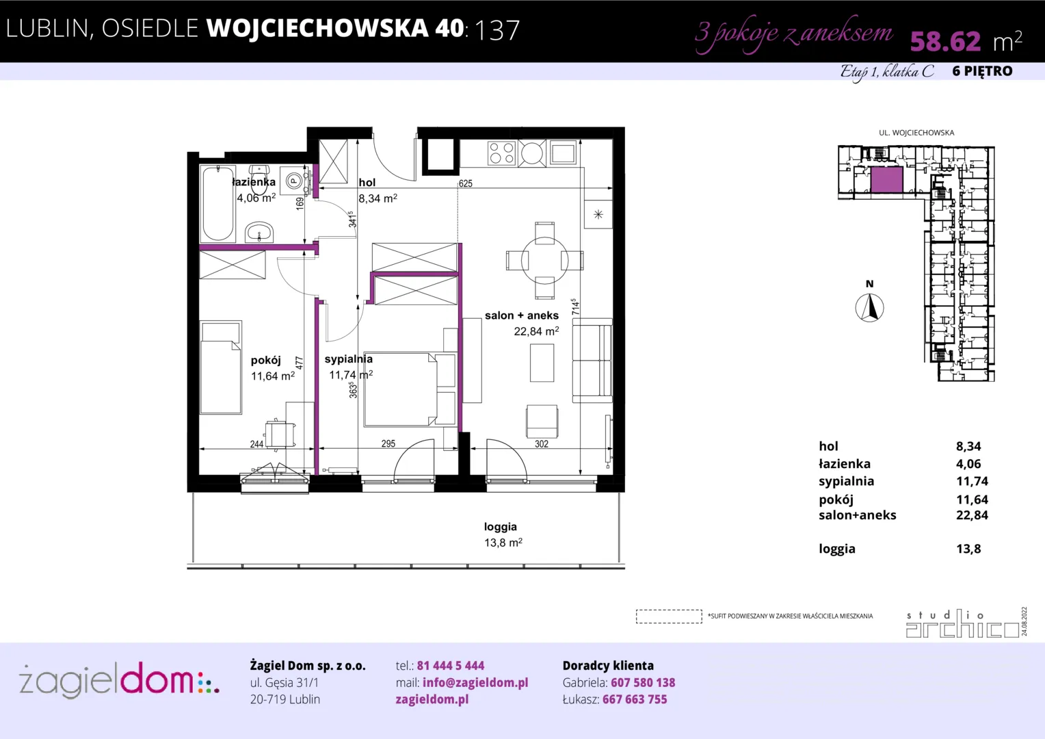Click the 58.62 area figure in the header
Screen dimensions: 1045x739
(945, 41)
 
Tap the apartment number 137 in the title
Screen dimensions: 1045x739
(497, 30)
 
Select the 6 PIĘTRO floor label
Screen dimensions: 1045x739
(983, 71)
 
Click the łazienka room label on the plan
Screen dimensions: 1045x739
(254, 182)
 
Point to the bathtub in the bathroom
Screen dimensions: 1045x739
(218, 203)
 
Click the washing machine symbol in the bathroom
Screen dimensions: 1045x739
(294, 180)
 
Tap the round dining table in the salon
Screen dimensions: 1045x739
(544, 261)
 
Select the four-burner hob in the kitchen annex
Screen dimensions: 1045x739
(501, 153)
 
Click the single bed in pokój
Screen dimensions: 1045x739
(221, 367)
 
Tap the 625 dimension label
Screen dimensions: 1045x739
(465, 183)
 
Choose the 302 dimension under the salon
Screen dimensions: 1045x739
(541, 444)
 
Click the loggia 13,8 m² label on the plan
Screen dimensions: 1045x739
(503, 534)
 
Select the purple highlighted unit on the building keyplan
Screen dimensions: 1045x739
(886, 180)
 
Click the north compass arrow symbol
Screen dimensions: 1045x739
(870, 308)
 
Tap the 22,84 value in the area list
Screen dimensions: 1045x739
(972, 515)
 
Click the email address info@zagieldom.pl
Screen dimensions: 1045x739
(475, 682)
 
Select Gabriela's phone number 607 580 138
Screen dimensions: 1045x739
(643, 682)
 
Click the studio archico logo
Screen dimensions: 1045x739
(963, 623)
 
